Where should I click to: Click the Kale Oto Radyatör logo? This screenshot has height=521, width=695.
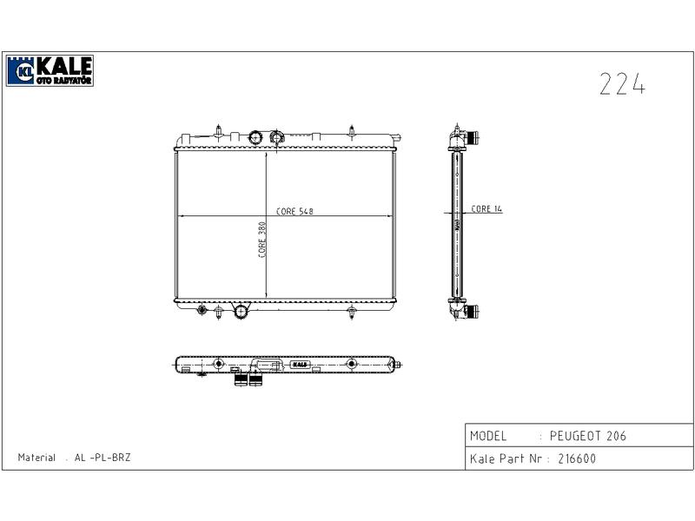(50, 70)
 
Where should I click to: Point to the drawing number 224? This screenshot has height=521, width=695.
(622, 83)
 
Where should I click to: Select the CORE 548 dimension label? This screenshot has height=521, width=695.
(295, 211)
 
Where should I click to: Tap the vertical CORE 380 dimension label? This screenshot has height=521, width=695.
(262, 240)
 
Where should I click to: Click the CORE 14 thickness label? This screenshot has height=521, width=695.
(486, 208)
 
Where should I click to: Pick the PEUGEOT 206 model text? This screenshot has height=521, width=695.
(588, 436)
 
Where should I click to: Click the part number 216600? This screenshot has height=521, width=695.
(577, 458)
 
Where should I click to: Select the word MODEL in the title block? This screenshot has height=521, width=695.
(488, 436)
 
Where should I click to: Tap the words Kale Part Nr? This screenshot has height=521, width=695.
(506, 458)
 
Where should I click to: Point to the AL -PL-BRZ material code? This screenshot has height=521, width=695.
(103, 458)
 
